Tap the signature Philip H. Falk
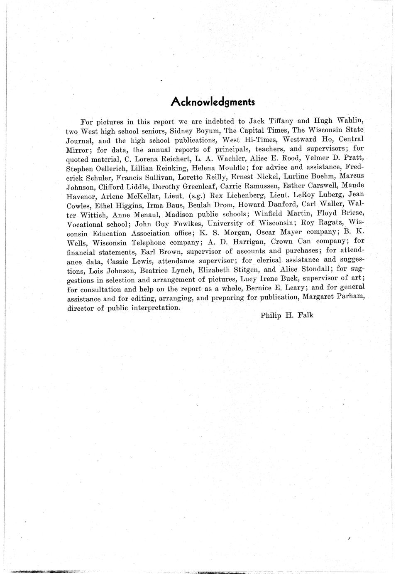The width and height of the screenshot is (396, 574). coord(287,315)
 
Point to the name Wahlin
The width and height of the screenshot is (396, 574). coord(350,121)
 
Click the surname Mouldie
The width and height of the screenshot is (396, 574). coord(230,168)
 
